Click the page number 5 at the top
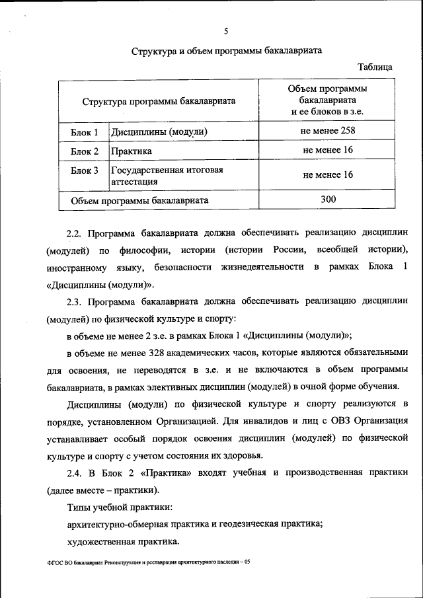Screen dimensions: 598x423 coord(226,31)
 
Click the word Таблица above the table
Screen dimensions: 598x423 coord(375,67)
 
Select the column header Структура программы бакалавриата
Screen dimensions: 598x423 coord(159,102)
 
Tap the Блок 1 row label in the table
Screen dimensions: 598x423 coord(85,131)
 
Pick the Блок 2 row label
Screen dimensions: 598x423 coord(85,152)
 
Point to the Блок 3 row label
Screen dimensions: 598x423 coord(85,170)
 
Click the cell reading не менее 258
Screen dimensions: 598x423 coord(328,130)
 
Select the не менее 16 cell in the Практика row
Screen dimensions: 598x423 coord(328,151)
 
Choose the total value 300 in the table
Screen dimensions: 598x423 coord(328,199)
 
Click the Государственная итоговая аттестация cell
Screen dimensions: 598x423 coord(167,175)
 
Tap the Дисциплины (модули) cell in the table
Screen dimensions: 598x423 coord(159,131)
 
